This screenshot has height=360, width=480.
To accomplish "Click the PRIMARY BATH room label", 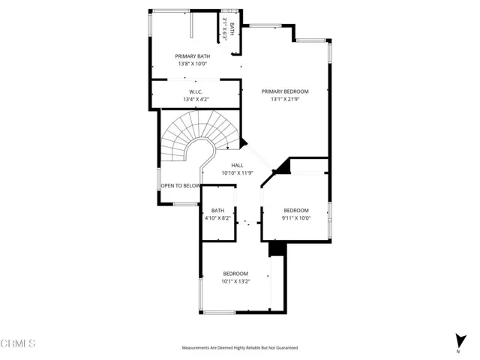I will click(193, 56).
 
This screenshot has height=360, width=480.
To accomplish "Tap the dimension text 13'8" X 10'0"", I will click(193, 64).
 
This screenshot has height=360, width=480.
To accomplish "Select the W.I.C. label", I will click(193, 91).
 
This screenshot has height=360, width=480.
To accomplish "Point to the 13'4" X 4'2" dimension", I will click(196, 99).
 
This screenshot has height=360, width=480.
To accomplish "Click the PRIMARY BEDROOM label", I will click(285, 91).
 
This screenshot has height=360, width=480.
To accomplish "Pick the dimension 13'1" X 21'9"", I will click(285, 99).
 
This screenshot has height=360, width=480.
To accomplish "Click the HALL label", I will click(237, 166).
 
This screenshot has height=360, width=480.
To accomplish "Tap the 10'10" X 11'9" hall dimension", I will click(237, 173).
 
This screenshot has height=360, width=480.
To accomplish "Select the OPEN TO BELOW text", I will click(181, 185).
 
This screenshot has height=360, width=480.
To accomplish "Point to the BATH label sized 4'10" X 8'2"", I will click(217, 211).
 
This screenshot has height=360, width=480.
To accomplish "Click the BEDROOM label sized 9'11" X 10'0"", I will click(296, 211).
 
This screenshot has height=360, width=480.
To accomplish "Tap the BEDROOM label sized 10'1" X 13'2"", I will click(235, 274).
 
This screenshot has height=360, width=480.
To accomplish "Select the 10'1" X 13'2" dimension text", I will click(235, 281).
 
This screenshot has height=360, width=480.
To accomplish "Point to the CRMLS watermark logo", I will click(18, 343).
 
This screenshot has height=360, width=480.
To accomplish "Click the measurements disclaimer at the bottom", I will click(240, 348).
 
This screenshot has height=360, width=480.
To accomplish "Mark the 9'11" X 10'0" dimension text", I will click(296, 218).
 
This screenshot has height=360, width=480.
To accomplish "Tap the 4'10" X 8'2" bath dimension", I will click(217, 218).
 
